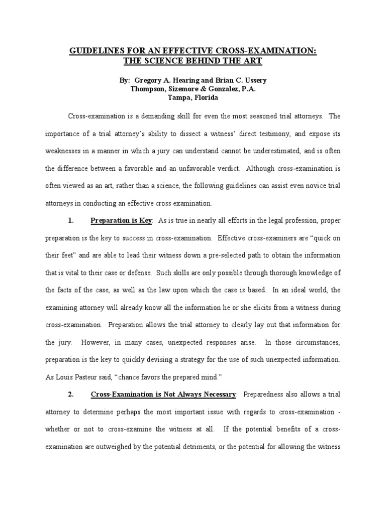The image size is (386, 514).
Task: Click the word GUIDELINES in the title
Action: coord(93,52)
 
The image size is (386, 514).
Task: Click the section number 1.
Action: coord(71,220)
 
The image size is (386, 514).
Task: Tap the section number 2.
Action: coord(71,395)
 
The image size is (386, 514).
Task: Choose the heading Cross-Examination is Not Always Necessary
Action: coord(163,395)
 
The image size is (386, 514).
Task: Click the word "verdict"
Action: coord(230,168)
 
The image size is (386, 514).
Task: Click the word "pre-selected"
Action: coord(213,255)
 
